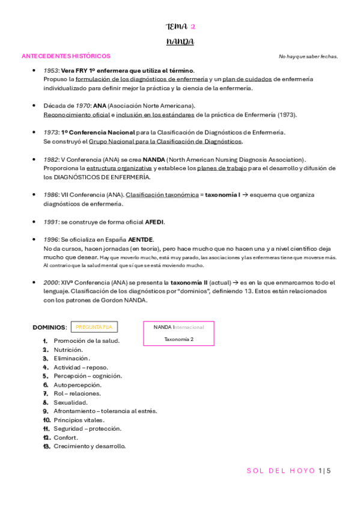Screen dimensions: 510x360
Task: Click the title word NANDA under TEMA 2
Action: (180, 41)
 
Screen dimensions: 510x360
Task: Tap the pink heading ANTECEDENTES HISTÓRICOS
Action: (66, 56)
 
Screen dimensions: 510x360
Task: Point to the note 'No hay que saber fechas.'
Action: (308, 57)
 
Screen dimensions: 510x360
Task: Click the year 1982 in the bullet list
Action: (51, 159)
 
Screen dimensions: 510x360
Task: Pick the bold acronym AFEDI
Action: (154, 222)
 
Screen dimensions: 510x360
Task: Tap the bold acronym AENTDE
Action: (141, 239)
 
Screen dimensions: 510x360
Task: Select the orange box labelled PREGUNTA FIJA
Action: (94, 327)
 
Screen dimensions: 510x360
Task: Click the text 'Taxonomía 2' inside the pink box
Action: (178, 339)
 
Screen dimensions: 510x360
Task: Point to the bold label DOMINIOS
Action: (49, 327)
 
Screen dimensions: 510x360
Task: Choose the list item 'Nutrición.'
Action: (68, 349)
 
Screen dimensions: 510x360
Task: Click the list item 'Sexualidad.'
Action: (70, 402)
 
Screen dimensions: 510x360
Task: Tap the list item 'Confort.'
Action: (66, 437)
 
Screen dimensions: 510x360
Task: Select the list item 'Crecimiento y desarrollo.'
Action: (90, 446)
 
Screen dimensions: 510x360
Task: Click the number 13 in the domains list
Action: (46, 446)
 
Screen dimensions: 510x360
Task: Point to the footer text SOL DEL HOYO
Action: (280, 471)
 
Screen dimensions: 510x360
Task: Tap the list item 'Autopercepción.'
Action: (78, 385)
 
